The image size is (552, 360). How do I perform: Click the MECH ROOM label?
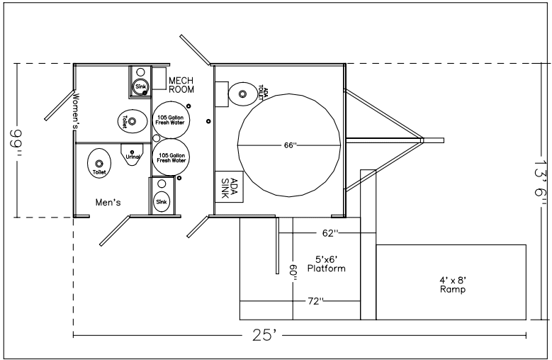tap(181, 85)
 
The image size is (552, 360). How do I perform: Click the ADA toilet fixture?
tap(243, 92)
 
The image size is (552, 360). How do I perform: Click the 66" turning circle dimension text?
tap(288, 146)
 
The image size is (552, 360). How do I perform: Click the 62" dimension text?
tap(329, 232)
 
